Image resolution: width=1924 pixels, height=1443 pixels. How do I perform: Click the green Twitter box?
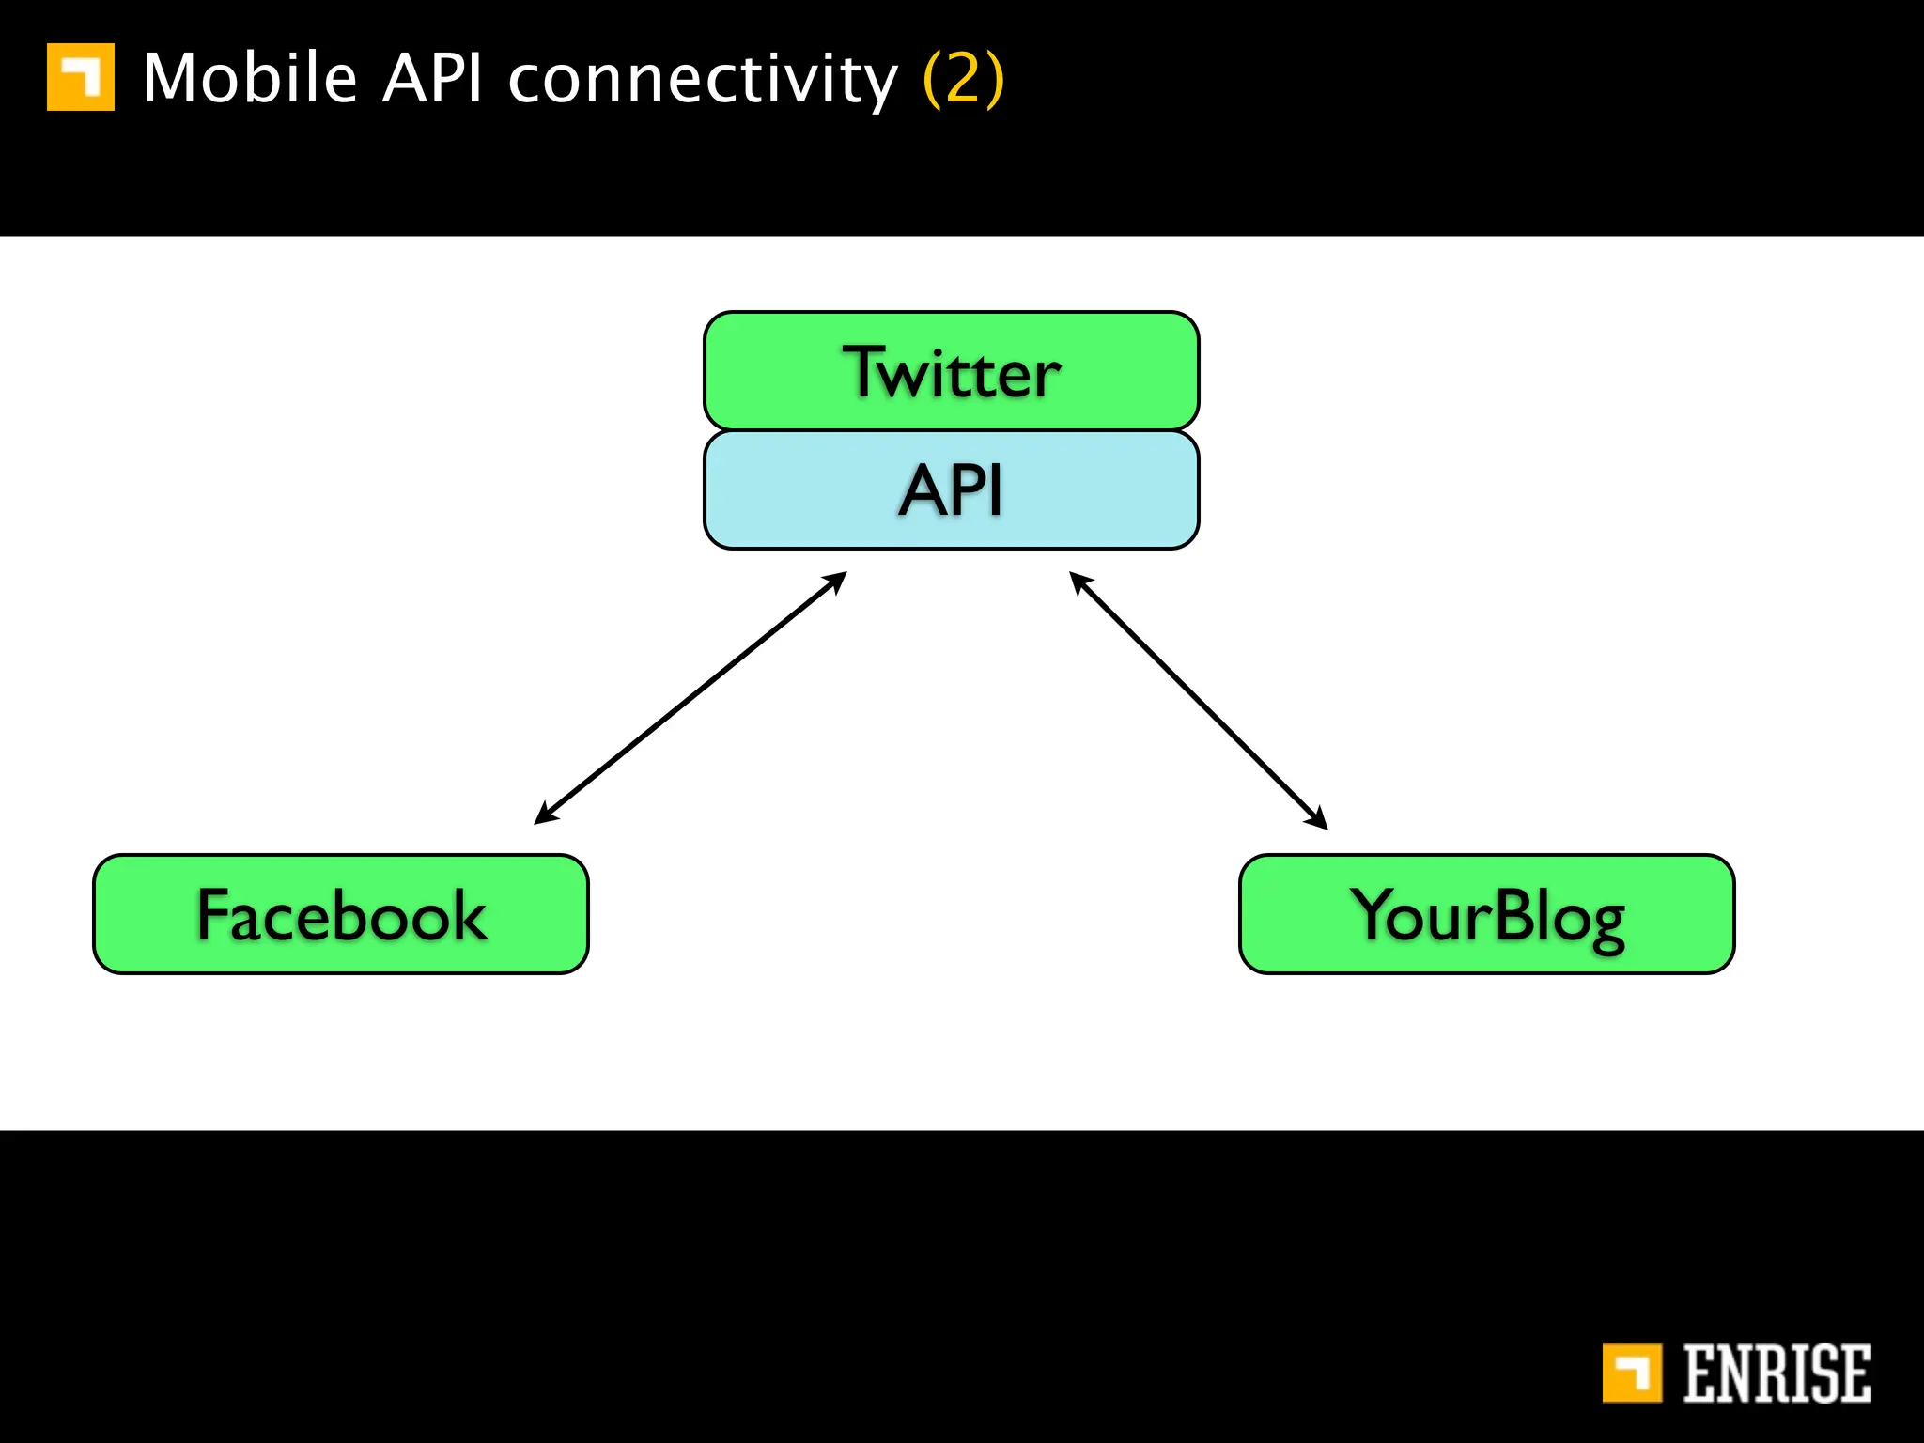pyautogui.click(x=951, y=371)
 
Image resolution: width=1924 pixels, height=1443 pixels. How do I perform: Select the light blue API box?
pyautogui.click(x=951, y=489)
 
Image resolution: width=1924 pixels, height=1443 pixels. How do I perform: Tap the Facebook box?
pyautogui.click(x=340, y=914)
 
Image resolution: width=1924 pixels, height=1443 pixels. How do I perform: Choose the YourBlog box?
pyautogui.click(x=1486, y=914)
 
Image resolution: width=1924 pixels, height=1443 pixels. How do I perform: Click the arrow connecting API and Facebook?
pyautogui.click(x=690, y=698)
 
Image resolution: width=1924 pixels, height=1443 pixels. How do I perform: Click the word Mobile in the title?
pyautogui.click(x=250, y=78)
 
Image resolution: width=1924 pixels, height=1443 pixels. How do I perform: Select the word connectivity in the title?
pyautogui.click(x=703, y=80)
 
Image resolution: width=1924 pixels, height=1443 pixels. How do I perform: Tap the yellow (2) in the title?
pyautogui.click(x=964, y=78)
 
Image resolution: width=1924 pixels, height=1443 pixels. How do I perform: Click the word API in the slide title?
pyautogui.click(x=432, y=78)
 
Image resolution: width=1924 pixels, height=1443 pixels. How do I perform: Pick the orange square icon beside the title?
pyautogui.click(x=81, y=77)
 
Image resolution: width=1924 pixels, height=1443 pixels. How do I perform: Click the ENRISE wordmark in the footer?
pyautogui.click(x=1776, y=1373)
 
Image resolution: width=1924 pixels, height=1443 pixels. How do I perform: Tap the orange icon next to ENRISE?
pyautogui.click(x=1632, y=1373)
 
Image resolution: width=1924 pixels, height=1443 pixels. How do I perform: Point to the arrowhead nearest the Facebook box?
pyautogui.click(x=544, y=815)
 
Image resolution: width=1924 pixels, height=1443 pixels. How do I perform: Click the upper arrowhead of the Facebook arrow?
pyautogui.click(x=836, y=580)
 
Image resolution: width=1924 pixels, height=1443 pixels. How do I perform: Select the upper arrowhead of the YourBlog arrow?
pyautogui.click(x=1079, y=582)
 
